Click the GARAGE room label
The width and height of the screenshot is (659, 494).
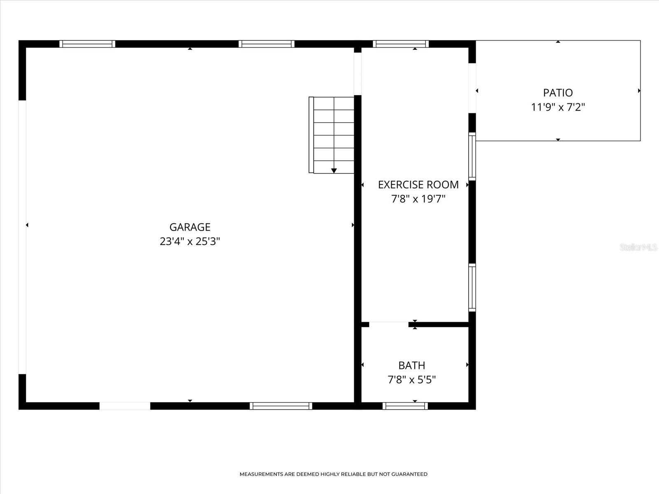[x=190, y=227]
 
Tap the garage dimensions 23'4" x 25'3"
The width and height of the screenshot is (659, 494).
[x=190, y=241]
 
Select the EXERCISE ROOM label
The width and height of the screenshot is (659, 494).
[x=418, y=184]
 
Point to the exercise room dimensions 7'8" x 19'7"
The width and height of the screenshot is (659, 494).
[x=418, y=199]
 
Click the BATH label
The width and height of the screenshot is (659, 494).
[x=411, y=365]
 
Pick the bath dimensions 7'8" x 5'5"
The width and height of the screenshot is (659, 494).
[x=411, y=379]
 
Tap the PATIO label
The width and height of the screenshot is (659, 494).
[x=558, y=93]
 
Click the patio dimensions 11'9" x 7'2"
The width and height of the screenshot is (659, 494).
[x=558, y=107]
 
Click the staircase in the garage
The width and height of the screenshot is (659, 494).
[x=332, y=135]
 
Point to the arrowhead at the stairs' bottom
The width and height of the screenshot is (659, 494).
[x=334, y=170]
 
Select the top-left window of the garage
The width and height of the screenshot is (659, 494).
[x=87, y=44]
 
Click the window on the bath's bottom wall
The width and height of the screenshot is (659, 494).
[x=405, y=406]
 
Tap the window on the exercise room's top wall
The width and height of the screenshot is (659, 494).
[x=401, y=44]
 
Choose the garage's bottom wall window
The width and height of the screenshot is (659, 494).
[x=281, y=406]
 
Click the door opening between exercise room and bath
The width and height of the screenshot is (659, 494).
[x=388, y=324]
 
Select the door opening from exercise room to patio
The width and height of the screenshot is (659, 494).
[x=472, y=88]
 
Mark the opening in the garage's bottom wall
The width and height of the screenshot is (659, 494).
[x=125, y=406]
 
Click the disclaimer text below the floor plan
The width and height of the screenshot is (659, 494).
[x=333, y=474]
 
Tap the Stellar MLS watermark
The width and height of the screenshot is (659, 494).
[x=638, y=247]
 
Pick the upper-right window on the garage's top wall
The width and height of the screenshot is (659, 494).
[x=266, y=44]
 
